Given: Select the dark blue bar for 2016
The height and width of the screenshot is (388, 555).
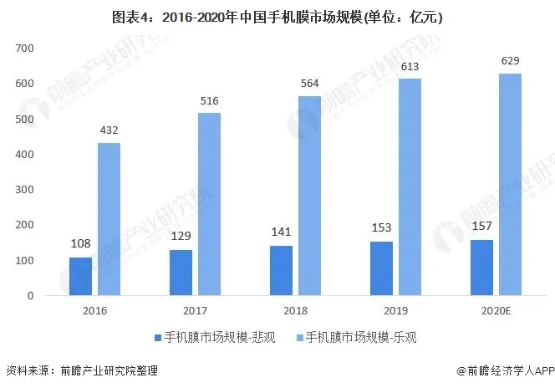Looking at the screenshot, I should (80, 276).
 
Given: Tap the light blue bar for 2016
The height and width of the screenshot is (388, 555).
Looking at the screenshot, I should (109, 219).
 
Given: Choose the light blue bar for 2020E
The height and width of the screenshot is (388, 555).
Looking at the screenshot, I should (510, 184).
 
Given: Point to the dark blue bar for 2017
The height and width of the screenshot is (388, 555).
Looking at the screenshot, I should (181, 273).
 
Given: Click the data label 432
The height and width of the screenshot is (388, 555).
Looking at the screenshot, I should (109, 132).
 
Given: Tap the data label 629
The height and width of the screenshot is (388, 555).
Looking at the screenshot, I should (510, 61).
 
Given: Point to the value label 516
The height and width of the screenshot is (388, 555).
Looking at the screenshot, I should (209, 102).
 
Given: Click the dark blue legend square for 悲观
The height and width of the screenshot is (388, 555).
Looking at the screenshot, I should (158, 339).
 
